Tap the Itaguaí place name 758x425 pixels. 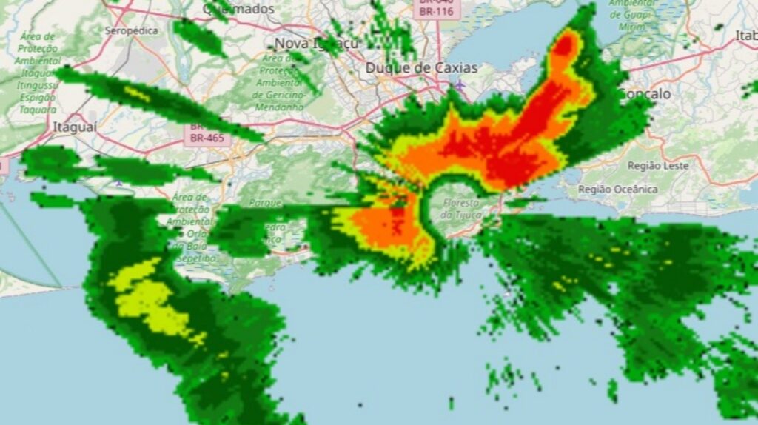tap(75, 127)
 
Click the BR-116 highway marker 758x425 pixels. tap(436, 11)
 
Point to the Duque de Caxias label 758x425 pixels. tap(421, 68)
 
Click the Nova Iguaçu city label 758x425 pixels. tap(316, 43)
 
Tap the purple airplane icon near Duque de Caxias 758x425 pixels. tap(460, 85)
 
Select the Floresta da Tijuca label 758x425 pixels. tap(461, 208)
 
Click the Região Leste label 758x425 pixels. tap(657, 166)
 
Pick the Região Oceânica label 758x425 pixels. tap(618, 189)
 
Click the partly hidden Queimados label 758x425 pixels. tap(239, 9)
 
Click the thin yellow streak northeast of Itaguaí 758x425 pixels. tap(137, 93)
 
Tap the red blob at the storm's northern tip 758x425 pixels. tap(566, 46)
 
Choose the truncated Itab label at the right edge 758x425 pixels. tap(745, 35)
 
